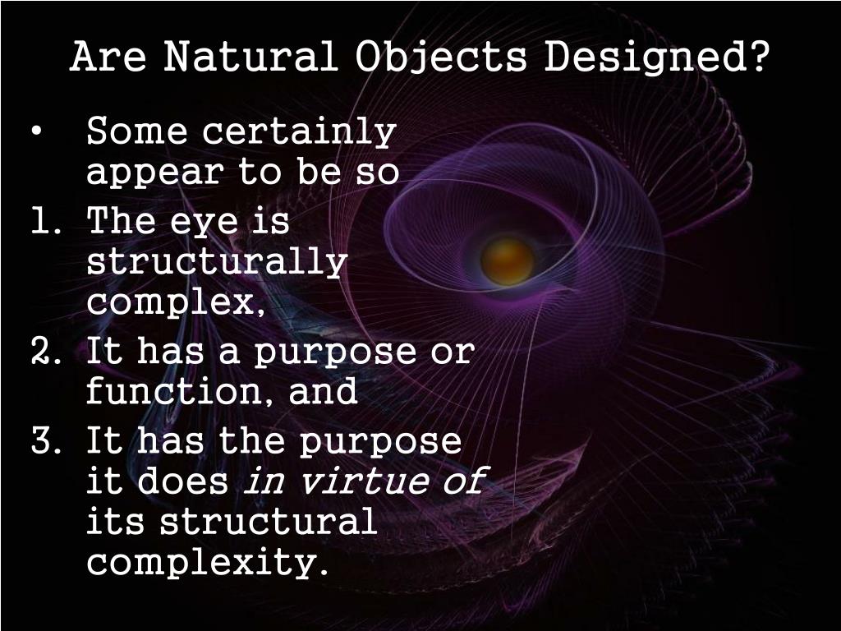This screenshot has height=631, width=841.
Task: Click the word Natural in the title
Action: pyautogui.click(x=250, y=58)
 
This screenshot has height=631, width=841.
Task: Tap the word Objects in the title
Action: pyautogui.click(x=442, y=58)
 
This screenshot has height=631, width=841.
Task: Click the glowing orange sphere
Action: pyautogui.click(x=507, y=260)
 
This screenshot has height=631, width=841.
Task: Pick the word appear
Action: pyautogui.click(x=154, y=174)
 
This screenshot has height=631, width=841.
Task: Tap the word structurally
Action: pyautogui.click(x=217, y=265)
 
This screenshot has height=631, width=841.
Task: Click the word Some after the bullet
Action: pyautogui.click(x=137, y=131)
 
